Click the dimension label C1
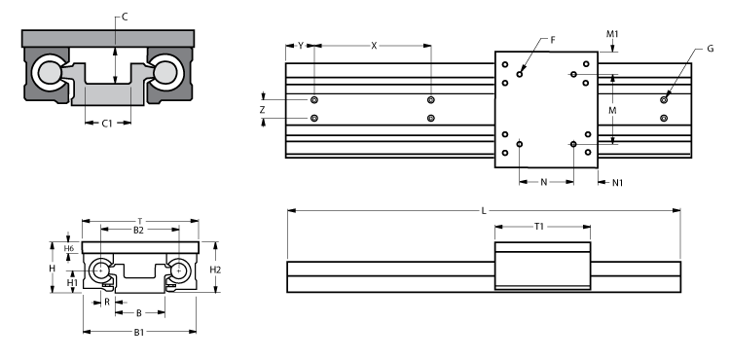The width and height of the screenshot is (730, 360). [x=109, y=124]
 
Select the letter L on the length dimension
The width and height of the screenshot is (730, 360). [x=483, y=211]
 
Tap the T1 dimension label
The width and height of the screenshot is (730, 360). [x=540, y=227]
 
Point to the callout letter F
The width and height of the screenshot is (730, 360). [x=553, y=40]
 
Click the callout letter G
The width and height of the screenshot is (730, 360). [x=710, y=48]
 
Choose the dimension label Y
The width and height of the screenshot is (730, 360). [x=301, y=47]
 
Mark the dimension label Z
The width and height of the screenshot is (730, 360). [x=263, y=110]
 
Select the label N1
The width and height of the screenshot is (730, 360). [x=617, y=182]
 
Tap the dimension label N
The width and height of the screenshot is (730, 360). [x=543, y=182]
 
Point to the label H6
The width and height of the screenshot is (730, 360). [x=69, y=249]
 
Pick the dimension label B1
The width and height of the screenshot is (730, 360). [x=139, y=332]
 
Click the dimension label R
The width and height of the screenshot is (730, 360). [x=107, y=302]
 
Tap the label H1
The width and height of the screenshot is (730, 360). [x=71, y=282]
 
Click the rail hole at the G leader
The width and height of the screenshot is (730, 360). [x=664, y=98]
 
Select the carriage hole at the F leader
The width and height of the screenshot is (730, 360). [x=522, y=72]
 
